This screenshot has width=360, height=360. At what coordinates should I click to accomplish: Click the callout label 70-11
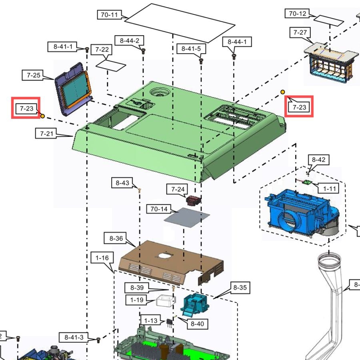point(109,15)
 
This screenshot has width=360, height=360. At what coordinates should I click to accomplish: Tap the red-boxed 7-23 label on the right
point(299,107)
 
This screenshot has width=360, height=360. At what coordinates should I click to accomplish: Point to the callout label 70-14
point(158,208)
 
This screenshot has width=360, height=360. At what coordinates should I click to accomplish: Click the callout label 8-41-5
point(194,49)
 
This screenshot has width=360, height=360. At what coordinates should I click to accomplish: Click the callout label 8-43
point(122,183)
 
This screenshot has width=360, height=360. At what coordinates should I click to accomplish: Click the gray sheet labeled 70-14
point(187,218)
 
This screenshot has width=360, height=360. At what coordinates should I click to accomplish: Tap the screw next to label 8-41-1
point(87,49)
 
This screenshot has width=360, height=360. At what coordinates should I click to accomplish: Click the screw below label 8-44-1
point(234,57)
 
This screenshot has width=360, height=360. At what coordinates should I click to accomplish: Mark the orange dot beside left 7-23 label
point(42,116)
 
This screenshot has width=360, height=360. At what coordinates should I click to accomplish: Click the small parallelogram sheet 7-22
point(111,64)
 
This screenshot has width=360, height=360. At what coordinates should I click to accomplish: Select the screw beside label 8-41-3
point(98,340)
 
